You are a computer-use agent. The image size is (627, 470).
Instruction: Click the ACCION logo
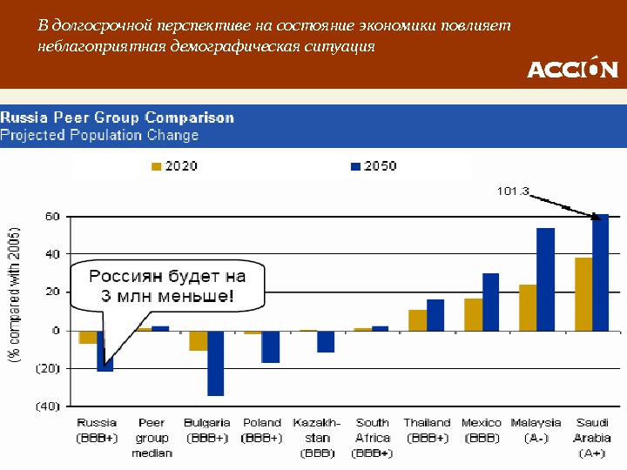click(572, 68)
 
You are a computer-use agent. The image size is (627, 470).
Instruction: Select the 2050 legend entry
click(373, 165)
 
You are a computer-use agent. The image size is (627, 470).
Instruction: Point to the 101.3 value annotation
click(513, 190)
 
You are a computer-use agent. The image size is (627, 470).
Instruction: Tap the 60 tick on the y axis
click(52, 216)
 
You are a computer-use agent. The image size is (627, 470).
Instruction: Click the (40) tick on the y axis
click(47, 406)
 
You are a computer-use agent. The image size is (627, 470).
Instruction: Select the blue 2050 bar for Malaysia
click(545, 279)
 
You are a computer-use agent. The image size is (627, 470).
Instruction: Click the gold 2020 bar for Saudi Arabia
click(583, 294)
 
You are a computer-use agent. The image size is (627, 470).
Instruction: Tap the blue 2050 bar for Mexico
click(490, 302)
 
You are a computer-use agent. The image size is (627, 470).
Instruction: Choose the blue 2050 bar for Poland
click(271, 346)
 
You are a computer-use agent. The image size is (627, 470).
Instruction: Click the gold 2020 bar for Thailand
click(417, 320)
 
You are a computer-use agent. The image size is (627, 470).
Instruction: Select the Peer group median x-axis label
click(152, 437)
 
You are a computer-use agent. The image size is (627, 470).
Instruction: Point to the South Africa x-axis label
click(372, 437)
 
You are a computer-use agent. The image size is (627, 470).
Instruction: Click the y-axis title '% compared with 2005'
click(15, 296)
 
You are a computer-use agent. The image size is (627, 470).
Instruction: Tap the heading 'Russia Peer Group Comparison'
click(118, 117)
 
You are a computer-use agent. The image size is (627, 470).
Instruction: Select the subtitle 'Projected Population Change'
click(99, 135)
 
